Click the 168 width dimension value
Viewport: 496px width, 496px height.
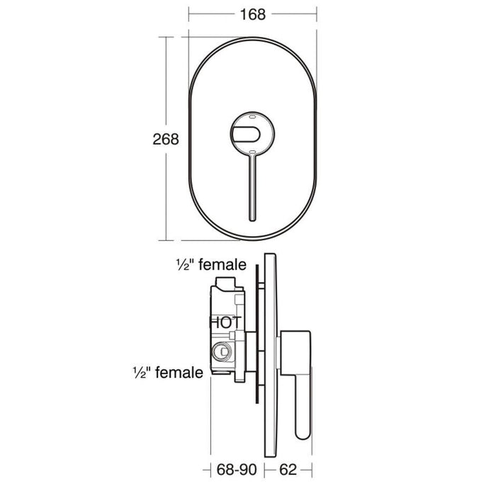[253, 15]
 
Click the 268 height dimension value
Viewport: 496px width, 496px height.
[166, 139]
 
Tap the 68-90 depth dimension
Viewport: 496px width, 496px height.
[237, 469]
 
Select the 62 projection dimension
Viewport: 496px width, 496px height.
[288, 469]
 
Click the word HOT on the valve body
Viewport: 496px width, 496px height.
[226, 322]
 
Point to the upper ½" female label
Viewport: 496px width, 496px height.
[211, 264]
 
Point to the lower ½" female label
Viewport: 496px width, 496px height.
[168, 372]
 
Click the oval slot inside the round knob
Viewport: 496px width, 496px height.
[246, 134]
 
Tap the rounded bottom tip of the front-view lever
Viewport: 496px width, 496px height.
[252, 219]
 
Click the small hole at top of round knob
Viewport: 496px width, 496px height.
[252, 117]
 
